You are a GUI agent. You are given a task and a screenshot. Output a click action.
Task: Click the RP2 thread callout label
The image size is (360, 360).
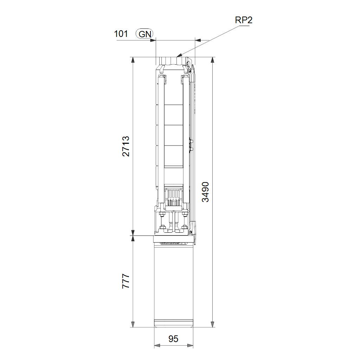[x=244, y=20]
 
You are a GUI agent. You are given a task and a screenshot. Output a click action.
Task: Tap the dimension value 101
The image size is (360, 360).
[x=121, y=34]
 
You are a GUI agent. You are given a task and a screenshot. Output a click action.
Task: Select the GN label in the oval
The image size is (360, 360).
[x=144, y=34]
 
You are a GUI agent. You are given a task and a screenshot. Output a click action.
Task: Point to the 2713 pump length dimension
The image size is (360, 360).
[x=126, y=146]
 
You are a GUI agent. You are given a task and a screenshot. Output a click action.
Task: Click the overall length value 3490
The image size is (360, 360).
[x=205, y=192]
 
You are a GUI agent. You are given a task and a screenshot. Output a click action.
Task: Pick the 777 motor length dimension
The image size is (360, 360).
[x=126, y=281]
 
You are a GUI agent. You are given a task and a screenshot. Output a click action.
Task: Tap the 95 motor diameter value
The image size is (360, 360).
[x=173, y=339]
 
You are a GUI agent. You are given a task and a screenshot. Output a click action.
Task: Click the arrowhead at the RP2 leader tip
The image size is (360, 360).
[x=179, y=55]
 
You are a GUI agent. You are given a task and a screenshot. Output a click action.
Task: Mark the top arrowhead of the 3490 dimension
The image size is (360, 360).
[x=213, y=60]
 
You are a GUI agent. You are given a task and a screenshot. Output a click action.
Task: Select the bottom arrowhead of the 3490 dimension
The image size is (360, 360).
[x=213, y=324]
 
